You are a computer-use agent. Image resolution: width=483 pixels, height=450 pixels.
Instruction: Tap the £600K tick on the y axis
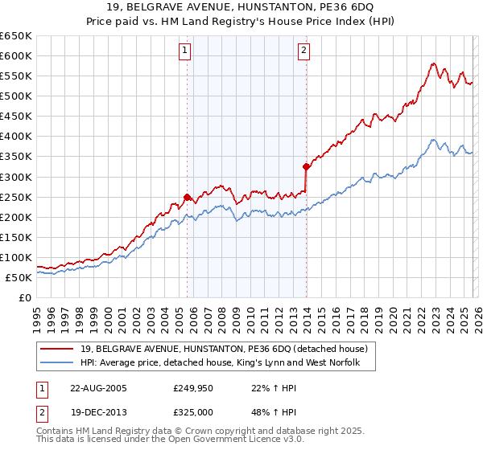click(16, 55)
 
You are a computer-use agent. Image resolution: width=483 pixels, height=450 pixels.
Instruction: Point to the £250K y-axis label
click(16, 197)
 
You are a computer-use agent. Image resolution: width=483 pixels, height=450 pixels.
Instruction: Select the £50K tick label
click(19, 277)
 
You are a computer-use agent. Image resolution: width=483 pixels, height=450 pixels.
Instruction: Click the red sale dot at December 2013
click(306, 167)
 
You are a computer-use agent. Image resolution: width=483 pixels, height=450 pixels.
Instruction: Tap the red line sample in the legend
click(57, 349)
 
